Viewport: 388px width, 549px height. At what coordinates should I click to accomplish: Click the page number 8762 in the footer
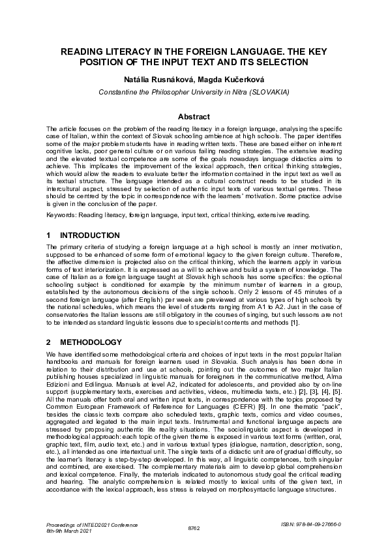pos(194,527)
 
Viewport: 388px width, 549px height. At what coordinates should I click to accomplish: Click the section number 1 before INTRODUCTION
pos(49,235)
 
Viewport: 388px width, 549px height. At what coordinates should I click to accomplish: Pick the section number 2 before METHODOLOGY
pos(49,342)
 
